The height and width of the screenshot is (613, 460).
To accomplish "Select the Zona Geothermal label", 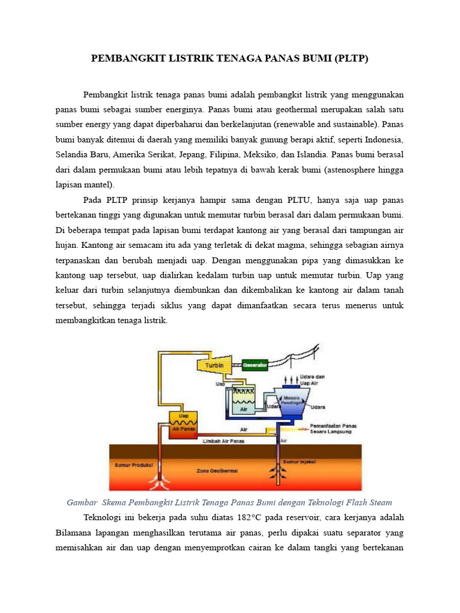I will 217,471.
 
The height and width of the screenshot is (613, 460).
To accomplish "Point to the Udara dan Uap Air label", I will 312,379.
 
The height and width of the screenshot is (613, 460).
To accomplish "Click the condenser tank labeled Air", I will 244,405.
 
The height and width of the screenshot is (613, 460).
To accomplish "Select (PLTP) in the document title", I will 352,59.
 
